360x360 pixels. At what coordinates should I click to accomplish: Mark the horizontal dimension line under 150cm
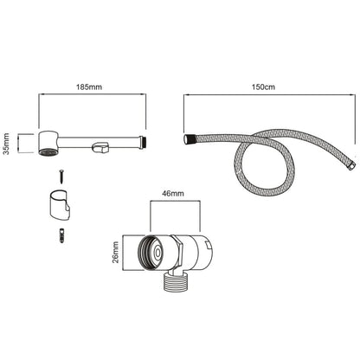268,99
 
